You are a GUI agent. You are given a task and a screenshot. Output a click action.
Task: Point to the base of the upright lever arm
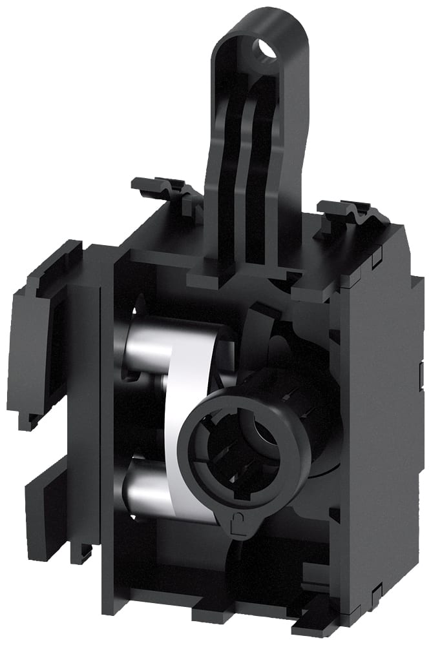239,268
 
